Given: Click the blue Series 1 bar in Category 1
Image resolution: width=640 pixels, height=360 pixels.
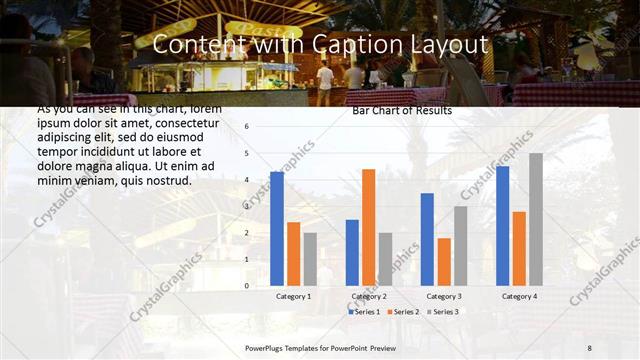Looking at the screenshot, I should [x=277, y=229].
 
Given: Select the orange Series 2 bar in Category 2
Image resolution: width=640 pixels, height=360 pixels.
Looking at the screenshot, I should [x=368, y=227].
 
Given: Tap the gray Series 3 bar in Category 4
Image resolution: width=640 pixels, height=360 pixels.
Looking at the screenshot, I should [x=535, y=219].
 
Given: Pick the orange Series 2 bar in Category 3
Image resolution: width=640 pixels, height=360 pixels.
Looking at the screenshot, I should [x=444, y=261].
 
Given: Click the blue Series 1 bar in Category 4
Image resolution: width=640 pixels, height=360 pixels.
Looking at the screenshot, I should [x=502, y=226].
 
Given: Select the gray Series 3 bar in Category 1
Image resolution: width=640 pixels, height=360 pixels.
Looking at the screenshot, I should [x=310, y=259].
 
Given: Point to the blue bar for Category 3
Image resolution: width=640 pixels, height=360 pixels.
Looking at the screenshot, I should [x=427, y=239].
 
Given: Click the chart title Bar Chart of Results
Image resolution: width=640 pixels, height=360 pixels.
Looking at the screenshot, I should [x=401, y=111].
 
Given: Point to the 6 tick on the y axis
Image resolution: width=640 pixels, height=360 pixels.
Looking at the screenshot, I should [x=247, y=127].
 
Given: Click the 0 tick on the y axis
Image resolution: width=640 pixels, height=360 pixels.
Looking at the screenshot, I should [x=247, y=286].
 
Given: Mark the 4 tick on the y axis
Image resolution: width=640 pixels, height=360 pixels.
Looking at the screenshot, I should [x=247, y=180].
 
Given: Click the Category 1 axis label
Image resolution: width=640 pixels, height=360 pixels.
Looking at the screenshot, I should [x=293, y=297].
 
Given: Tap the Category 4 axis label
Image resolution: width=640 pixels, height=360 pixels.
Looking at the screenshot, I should [x=519, y=297].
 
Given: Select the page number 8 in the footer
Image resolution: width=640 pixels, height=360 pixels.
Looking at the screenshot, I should [x=590, y=347].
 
